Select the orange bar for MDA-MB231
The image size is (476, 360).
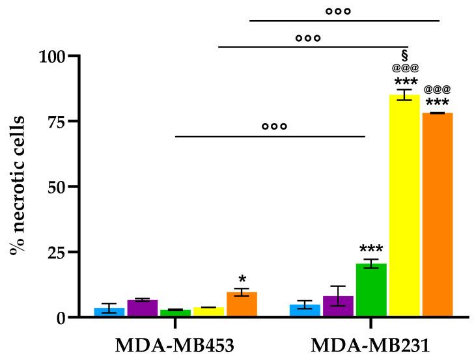click(437, 215)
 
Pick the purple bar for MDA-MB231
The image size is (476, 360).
click(338, 307)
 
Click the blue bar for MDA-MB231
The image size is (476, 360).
click(305, 311)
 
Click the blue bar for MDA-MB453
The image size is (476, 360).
click(109, 312)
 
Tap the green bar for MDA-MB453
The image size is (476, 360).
click(175, 313)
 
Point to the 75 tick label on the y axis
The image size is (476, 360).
click(53, 122)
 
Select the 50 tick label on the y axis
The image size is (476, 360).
click(53, 187)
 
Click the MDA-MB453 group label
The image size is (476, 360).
click(175, 344)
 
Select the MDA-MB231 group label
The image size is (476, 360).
click(371, 344)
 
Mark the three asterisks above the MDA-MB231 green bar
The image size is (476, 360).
click(371, 250)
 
